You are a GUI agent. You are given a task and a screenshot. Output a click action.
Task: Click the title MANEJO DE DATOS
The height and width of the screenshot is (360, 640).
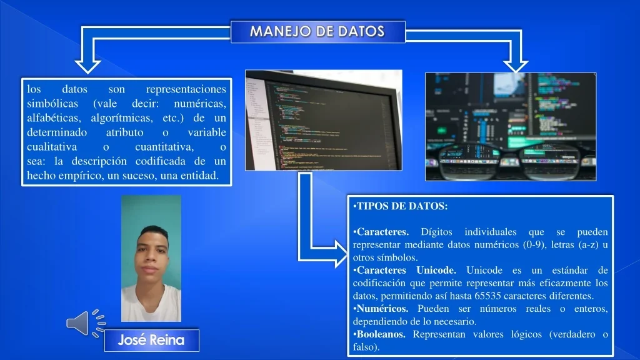point(317,31)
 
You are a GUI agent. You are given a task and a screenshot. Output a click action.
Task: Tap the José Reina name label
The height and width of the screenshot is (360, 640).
point(151,340)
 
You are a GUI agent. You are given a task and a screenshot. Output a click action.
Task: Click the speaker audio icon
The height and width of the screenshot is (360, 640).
point(86,324)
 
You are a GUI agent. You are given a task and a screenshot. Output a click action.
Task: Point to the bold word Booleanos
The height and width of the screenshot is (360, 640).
point(381,334)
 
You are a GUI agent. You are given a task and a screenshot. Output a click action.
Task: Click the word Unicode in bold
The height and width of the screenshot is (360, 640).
point(436,270)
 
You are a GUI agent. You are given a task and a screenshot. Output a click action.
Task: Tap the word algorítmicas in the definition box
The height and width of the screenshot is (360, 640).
point(122,118)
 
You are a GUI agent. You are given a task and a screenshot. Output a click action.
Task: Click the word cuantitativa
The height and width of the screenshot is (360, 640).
point(164,146)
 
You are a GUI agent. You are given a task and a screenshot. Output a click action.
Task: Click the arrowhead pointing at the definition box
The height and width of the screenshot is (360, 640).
point(87,66)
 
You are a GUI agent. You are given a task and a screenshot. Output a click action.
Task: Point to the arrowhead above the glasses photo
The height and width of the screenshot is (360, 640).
point(516,66)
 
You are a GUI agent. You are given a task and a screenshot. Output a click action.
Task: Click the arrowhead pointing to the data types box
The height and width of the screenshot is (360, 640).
point(341,254)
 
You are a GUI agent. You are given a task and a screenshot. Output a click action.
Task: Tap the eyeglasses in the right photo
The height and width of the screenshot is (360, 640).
point(510,161)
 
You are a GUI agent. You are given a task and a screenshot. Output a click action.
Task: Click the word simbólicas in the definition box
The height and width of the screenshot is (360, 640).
point(52,104)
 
